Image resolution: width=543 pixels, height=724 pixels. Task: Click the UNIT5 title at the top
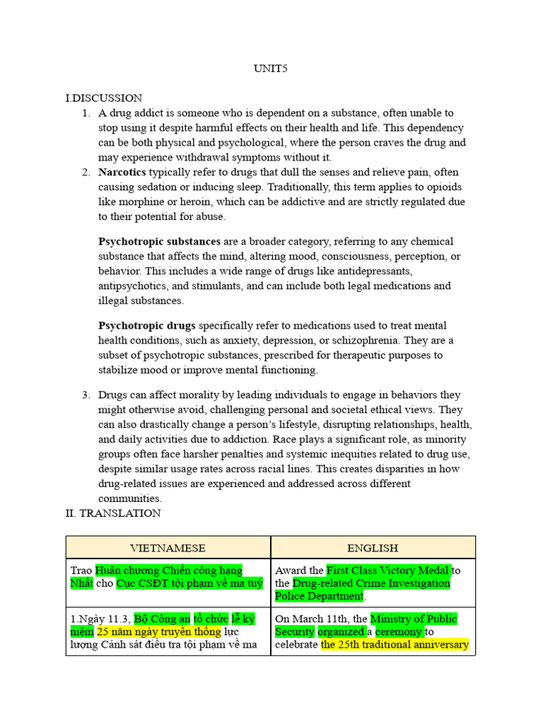pyautogui.click(x=271, y=69)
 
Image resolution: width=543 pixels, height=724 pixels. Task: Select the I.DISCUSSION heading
pyautogui.click(x=103, y=98)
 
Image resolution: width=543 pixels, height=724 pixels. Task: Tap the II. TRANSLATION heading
pyautogui.click(x=113, y=513)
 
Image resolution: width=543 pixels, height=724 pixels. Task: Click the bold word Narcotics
pyautogui.click(x=122, y=172)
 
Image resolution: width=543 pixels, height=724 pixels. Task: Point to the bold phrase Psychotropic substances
pyautogui.click(x=159, y=241)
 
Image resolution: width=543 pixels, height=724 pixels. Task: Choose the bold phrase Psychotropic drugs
pyautogui.click(x=147, y=325)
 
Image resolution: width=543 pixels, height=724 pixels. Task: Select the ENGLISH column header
pyautogui.click(x=373, y=548)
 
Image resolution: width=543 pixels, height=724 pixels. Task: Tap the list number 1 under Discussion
pyautogui.click(x=85, y=113)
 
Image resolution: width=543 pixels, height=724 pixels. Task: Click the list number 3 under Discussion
pyautogui.click(x=85, y=395)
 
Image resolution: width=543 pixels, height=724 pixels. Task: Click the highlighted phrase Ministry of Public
pyautogui.click(x=414, y=619)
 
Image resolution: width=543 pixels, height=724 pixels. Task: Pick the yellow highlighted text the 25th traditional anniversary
pyautogui.click(x=395, y=645)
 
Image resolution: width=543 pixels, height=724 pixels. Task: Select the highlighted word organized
pyautogui.click(x=341, y=632)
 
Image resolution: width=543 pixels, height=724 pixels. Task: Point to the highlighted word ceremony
pyautogui.click(x=399, y=632)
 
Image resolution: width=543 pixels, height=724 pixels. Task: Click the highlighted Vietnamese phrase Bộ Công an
pyautogui.click(x=162, y=619)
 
